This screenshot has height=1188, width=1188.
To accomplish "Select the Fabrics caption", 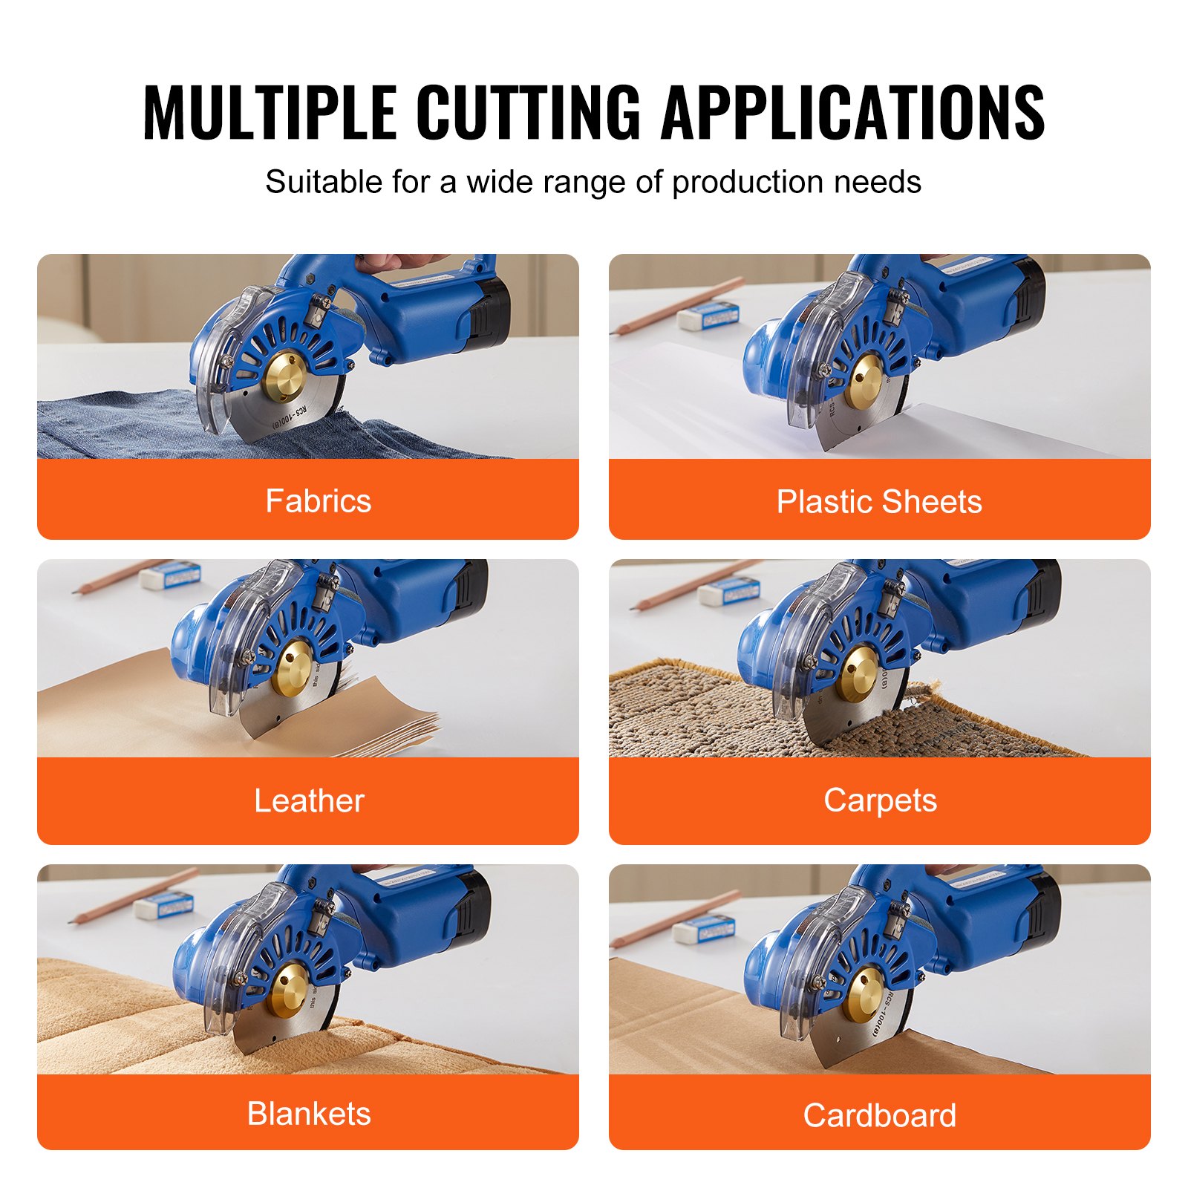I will click(319, 501).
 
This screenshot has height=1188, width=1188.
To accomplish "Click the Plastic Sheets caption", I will click(879, 502).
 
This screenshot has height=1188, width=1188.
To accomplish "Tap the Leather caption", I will click(309, 800).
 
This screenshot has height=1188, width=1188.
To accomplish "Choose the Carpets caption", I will click(880, 800).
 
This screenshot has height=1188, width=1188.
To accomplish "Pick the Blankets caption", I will click(309, 1114).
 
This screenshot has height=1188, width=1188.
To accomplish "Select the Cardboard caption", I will click(880, 1115).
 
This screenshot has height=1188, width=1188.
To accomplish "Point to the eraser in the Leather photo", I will click(170, 575).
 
